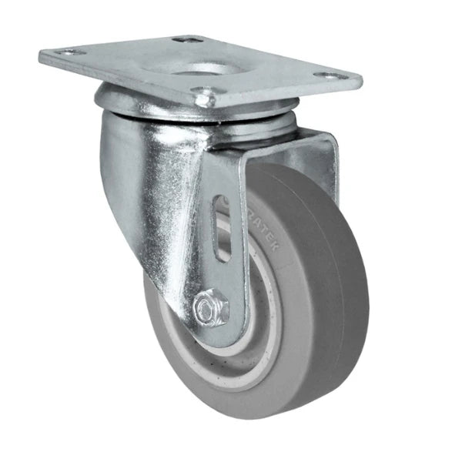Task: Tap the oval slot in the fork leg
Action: pos(221,229)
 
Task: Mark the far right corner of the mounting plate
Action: pos(361,77)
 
